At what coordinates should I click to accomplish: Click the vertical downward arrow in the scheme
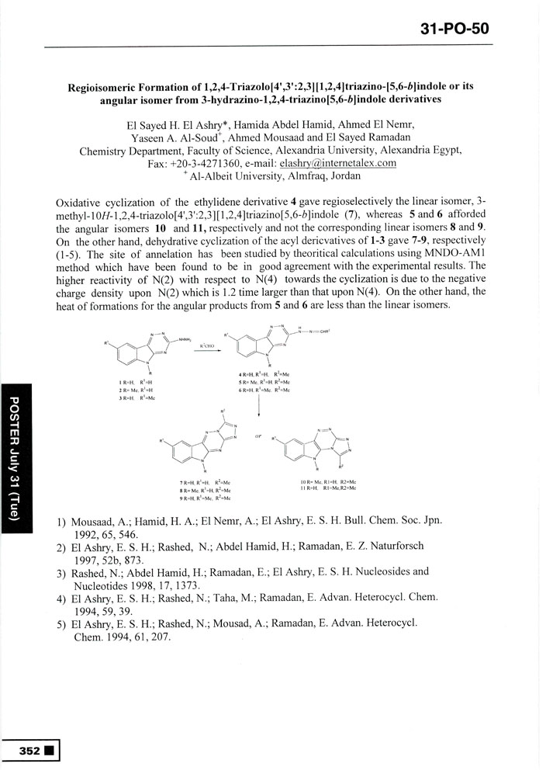click(x=258, y=404)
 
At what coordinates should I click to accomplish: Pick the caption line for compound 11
click(x=329, y=489)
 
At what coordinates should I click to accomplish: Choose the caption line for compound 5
click(x=264, y=383)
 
